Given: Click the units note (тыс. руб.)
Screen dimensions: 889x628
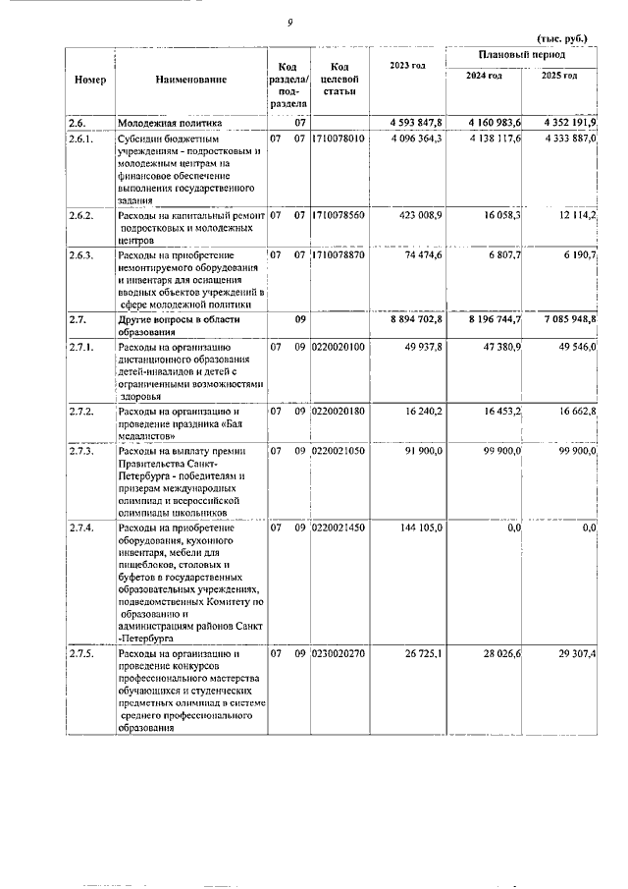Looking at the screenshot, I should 563,38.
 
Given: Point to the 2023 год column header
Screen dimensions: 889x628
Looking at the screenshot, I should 406,65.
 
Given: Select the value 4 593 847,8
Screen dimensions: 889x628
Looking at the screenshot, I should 418,122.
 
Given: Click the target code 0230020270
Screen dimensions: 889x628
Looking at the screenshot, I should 338,653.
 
